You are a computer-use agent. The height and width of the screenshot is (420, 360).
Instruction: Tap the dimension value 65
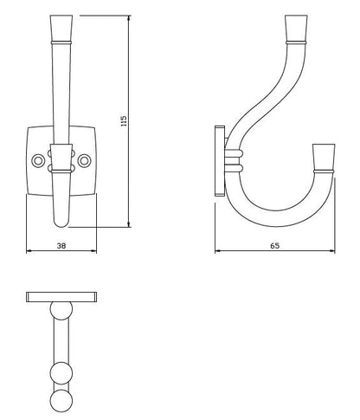click(x=274, y=245)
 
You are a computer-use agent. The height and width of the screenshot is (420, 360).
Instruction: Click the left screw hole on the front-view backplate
click(x=38, y=161)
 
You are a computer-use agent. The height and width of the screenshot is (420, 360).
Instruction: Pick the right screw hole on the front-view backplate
click(x=84, y=161)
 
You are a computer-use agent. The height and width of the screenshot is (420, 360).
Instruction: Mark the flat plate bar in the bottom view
click(x=62, y=297)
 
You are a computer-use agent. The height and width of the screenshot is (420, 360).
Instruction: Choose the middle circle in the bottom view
click(x=61, y=373)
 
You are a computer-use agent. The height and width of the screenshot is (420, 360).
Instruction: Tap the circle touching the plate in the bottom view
click(x=61, y=311)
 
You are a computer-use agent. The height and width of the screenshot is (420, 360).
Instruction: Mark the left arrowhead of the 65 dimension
click(x=216, y=252)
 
